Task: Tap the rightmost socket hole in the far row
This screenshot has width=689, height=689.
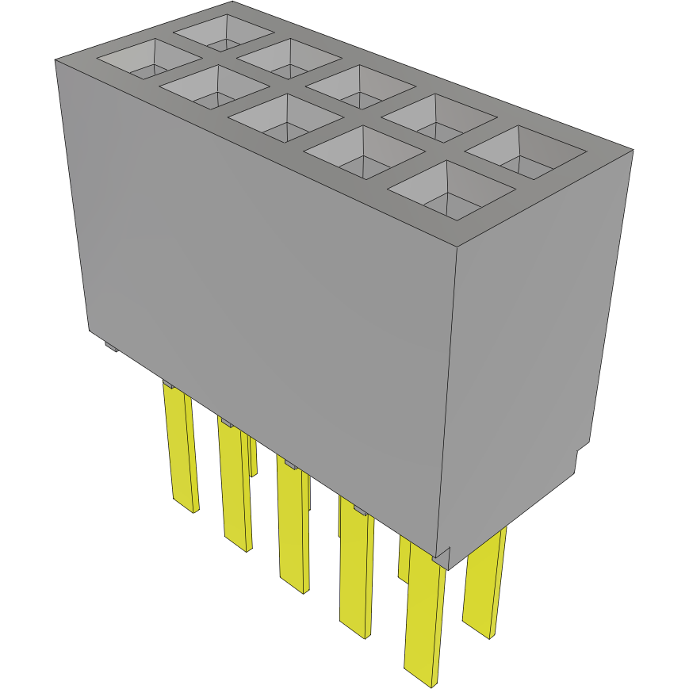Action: tap(523, 151)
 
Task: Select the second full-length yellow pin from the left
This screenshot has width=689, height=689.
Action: tap(235, 484)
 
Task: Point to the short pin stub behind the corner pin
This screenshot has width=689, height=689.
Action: tap(404, 559)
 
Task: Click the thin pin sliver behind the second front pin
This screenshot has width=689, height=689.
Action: tap(253, 455)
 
